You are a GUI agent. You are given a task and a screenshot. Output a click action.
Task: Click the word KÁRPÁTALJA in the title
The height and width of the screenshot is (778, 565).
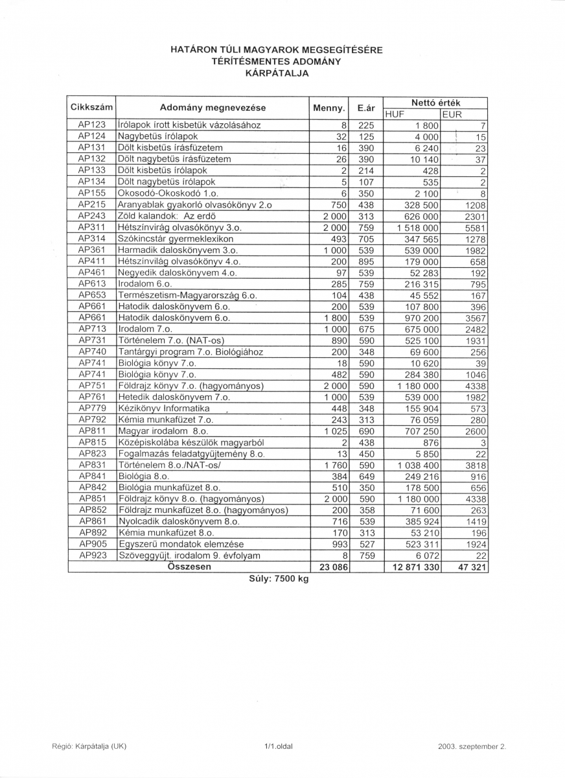277,73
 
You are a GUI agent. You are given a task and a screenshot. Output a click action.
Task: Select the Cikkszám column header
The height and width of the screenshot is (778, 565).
91,108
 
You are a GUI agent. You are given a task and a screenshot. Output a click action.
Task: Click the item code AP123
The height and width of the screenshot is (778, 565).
91,125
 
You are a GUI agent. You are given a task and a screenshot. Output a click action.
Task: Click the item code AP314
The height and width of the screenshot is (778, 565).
91,239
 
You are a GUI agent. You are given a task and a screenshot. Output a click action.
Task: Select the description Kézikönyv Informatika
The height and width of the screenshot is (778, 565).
164,408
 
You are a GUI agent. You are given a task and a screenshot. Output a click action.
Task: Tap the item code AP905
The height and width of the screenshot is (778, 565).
91,544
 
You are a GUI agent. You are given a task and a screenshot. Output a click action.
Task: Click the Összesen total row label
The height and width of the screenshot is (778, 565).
189,567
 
